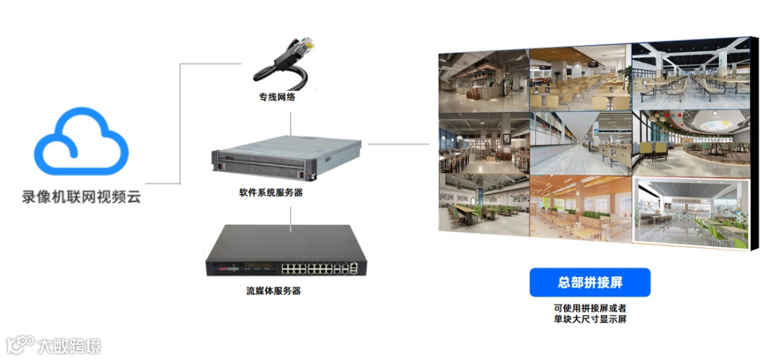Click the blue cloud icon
pos(82,142)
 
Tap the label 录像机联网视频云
pos(82,196)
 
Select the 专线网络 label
pos(277,97)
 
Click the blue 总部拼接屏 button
pos(590,283)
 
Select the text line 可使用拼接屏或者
pos(590,308)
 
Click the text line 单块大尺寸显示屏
pos(590,320)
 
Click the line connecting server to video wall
pos(398,143)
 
